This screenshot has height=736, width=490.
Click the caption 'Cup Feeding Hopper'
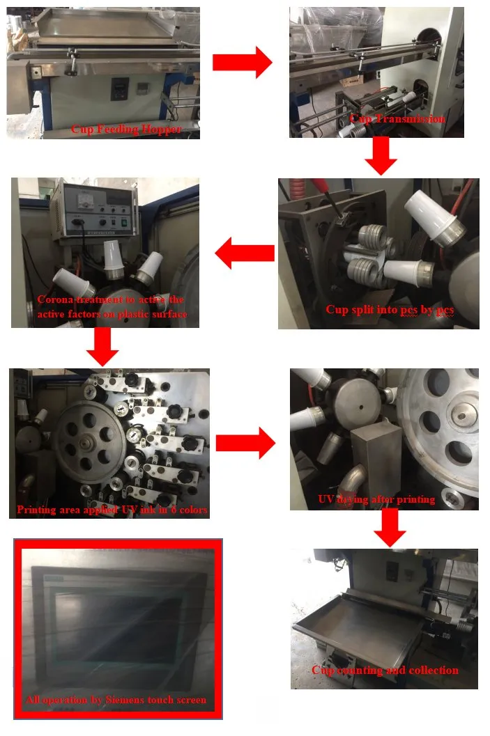coord(126,130)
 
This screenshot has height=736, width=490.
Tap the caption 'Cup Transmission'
coord(397,118)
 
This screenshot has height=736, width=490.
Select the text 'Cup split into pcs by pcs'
coord(390,309)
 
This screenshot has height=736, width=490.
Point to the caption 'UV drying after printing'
coord(376,499)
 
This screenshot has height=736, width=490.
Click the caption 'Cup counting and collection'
coord(385,670)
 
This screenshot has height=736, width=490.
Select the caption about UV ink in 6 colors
coord(112,510)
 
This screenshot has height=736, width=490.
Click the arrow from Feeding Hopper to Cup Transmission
coord(242,63)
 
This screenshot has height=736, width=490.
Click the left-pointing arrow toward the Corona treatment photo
coord(244,253)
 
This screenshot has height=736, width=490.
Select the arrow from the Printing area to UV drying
coord(245,442)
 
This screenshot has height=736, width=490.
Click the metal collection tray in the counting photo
coord(362,627)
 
